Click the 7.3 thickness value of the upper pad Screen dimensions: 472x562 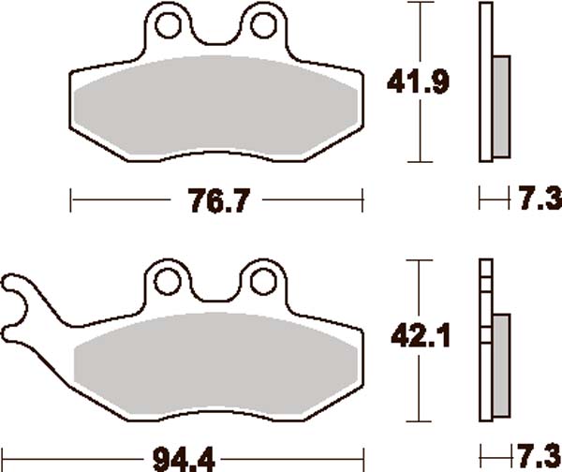coord(535,199)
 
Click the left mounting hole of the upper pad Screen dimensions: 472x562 coord(168,24)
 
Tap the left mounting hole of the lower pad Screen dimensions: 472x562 coord(168,280)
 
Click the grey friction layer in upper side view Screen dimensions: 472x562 coord(499,106)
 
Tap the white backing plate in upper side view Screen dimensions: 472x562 coord(484,84)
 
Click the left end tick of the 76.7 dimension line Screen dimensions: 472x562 coord(72,199)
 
